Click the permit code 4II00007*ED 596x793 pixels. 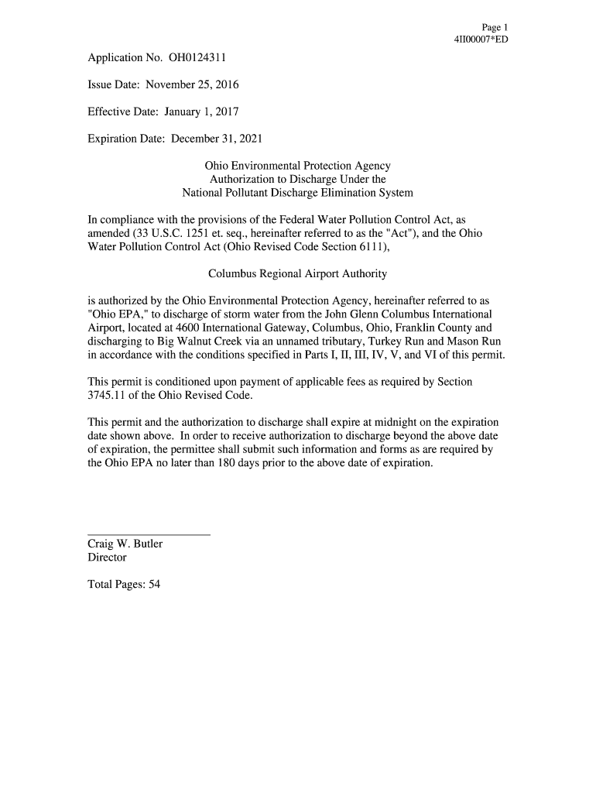coord(481,39)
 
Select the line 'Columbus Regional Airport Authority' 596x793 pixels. coord(298,274)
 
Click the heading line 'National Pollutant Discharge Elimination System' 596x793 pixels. coord(298,193)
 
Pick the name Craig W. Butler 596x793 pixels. coord(125,544)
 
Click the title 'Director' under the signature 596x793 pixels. coord(107,557)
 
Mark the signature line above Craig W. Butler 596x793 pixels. coord(149,534)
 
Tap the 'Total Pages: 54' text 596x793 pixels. coord(124,585)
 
